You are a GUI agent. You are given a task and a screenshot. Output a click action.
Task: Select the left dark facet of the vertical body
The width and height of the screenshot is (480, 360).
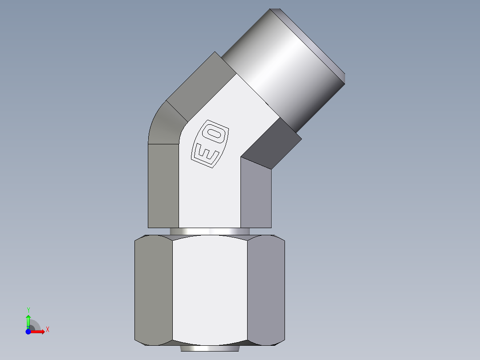coord(163,185)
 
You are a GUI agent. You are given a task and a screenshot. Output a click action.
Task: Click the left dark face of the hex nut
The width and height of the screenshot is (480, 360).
coord(153,290)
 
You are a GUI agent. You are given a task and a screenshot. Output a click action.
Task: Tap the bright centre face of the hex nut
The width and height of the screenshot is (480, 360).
coord(209,290)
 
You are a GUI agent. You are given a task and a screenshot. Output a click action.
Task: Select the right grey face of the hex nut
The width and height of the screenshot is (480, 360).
coord(265,290)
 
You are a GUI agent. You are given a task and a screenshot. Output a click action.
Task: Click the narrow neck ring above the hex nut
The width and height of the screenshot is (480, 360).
coord(209,232)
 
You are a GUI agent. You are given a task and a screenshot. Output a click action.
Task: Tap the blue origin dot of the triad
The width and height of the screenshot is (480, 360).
coord(28,331)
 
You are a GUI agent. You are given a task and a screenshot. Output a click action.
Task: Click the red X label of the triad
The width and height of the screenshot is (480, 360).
coord(47,330)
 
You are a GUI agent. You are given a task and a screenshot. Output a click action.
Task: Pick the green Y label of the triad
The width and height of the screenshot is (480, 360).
coord(28,310)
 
